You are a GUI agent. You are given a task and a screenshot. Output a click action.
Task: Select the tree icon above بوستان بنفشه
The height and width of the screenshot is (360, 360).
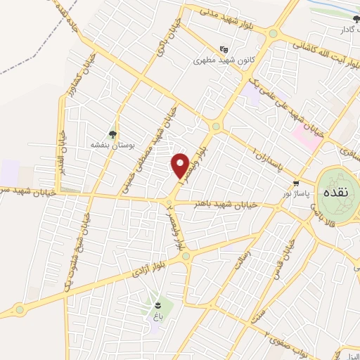[x=112, y=134]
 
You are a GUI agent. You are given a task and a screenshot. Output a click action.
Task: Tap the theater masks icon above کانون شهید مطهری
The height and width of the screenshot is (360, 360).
[x=224, y=49]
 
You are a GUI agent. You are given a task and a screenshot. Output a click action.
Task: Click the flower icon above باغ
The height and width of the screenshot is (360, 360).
[x=159, y=305]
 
